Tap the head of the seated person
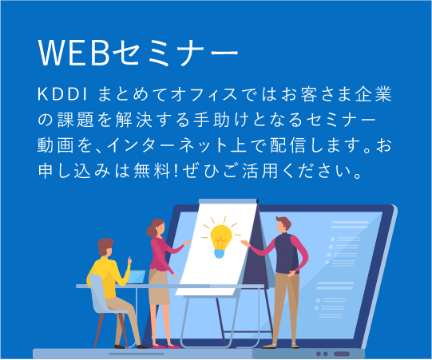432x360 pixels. (x=106, y=246)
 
